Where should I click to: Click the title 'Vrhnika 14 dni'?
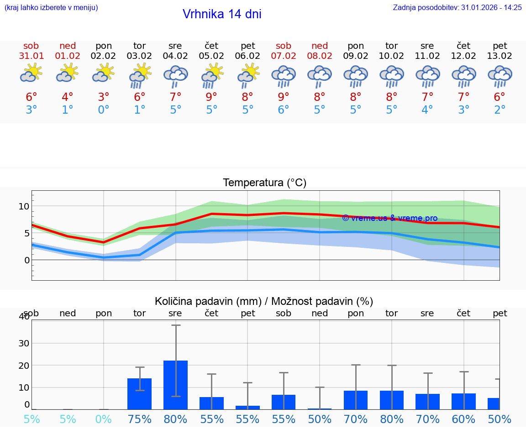[x=222, y=14]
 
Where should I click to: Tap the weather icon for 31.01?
[x=31, y=73]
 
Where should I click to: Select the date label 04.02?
[x=175, y=56]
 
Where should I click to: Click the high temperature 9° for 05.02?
[x=211, y=97]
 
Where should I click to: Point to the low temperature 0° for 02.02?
[x=104, y=110]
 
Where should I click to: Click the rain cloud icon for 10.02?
[x=392, y=76]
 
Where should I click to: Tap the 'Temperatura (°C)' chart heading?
[x=264, y=183]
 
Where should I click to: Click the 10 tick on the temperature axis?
[x=24, y=206]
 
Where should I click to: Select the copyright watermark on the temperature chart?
[x=389, y=218]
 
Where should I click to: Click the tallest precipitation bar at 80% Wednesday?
[x=175, y=385]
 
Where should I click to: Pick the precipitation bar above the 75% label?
[x=139, y=393]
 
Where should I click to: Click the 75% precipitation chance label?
[x=139, y=419]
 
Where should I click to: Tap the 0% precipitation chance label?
[x=104, y=419]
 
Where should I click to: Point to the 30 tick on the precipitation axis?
[x=24, y=343]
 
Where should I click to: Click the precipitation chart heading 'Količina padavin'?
[x=264, y=301]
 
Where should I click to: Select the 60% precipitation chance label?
[x=464, y=419]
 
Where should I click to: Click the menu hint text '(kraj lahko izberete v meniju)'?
[x=51, y=7]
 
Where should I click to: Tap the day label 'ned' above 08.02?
[x=320, y=46]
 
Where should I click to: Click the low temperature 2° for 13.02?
[x=500, y=110]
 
